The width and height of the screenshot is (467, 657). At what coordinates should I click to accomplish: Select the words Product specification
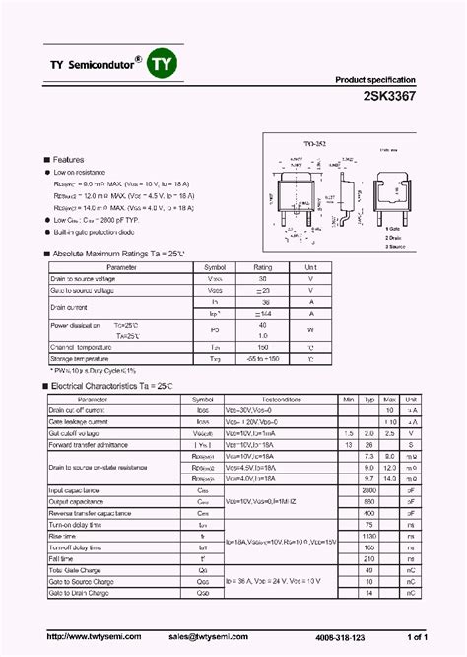coord(375,80)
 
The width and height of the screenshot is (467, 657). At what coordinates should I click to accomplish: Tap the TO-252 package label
coord(285,143)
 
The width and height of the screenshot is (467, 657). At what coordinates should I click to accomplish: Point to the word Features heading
coord(68,159)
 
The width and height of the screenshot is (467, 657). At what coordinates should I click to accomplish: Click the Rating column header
coord(263,267)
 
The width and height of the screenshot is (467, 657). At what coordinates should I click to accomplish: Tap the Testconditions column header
coord(282,399)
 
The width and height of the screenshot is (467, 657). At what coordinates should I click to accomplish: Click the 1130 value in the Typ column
coord(369,537)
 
